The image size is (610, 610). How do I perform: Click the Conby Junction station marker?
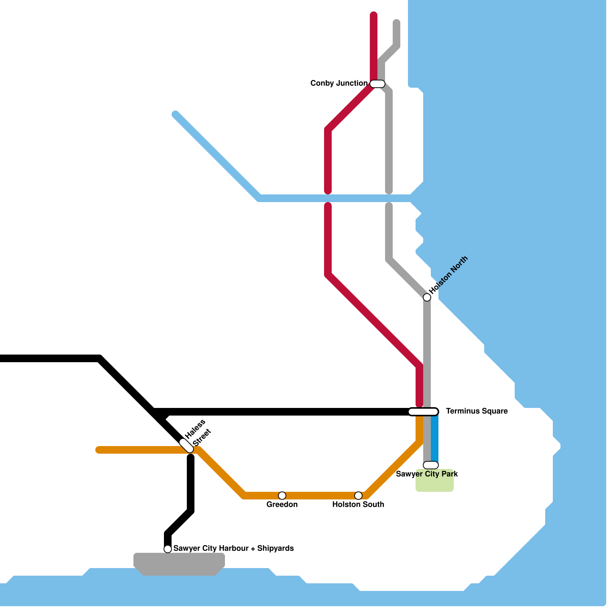[x=377, y=84]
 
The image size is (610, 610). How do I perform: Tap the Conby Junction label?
[x=339, y=83]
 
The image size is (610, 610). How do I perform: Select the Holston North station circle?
[x=427, y=297]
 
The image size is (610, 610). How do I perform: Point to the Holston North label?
[x=449, y=274]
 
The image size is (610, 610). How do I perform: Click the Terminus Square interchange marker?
[x=423, y=412]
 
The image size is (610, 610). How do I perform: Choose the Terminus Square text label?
[x=477, y=411]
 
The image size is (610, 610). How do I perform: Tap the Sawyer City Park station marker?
[x=431, y=465]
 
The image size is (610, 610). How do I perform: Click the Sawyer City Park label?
[x=427, y=474]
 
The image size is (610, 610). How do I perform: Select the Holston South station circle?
[x=358, y=496]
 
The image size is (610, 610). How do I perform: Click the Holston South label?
[x=358, y=504]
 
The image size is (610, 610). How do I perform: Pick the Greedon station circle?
[x=282, y=496]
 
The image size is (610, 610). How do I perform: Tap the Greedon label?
[x=282, y=504]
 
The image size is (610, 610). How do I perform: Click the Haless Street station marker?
[x=186, y=446]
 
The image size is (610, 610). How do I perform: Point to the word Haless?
[x=195, y=429]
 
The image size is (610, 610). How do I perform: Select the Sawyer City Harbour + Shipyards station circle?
[x=168, y=549]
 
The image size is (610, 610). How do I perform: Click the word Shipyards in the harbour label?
[x=275, y=548]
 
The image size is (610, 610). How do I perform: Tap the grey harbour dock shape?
[x=179, y=563]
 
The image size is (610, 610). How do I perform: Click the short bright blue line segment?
[x=435, y=438]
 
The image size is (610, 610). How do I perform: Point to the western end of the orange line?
[x=98, y=450]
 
